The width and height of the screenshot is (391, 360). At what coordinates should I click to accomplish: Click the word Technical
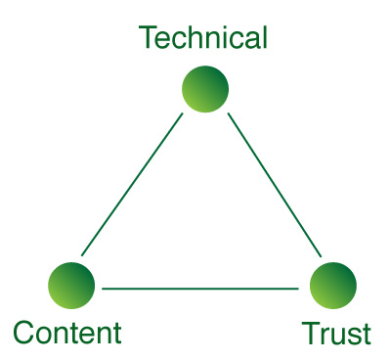[x=202, y=38]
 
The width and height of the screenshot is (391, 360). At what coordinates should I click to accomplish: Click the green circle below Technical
[x=205, y=89]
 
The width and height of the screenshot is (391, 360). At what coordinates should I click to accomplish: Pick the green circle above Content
[x=71, y=286]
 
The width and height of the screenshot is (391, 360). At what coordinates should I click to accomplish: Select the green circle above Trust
[x=333, y=286]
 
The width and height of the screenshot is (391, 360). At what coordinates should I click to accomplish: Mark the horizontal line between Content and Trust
[x=200, y=289]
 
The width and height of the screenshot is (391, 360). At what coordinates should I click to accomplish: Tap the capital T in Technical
[x=149, y=38]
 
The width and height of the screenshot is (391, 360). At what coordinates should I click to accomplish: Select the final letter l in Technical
[x=263, y=38]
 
